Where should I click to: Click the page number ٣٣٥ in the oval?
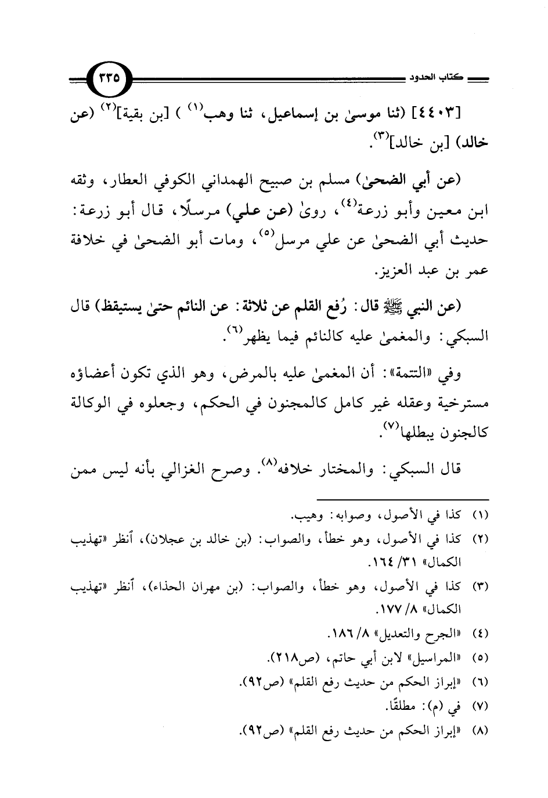point(110,77)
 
